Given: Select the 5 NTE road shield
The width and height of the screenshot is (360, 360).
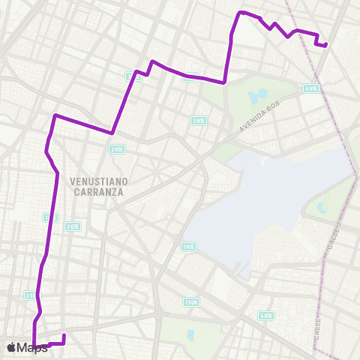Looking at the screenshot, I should pyautogui.click(x=310, y=89).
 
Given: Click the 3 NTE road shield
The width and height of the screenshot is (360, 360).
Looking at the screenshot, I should pyautogui.click(x=199, y=121).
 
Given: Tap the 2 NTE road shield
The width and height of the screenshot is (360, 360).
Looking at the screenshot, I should pyautogui.click(x=116, y=148).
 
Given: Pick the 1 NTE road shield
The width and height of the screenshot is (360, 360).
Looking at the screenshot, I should pyautogui.click(x=188, y=246).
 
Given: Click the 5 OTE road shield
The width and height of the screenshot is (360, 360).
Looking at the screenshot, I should pyautogui.click(x=266, y=316).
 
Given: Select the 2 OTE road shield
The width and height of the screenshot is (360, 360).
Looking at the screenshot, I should pyautogui.click(x=73, y=226).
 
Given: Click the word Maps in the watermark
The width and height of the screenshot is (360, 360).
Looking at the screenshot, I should pyautogui.click(x=33, y=347).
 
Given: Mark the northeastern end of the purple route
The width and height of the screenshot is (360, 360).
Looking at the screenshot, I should pyautogui.click(x=326, y=44).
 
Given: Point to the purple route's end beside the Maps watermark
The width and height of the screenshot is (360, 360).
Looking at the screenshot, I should pyautogui.click(x=64, y=335).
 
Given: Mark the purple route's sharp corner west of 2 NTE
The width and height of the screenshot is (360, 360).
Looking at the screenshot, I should pyautogui.click(x=55, y=115).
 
